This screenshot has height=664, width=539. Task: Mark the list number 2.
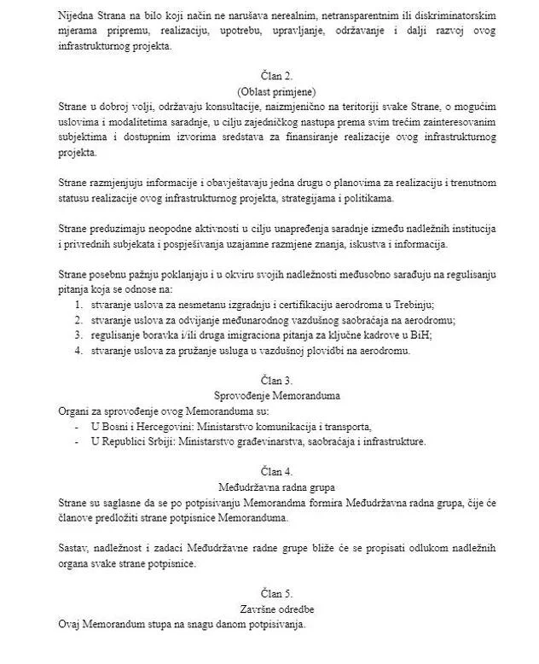[x=78, y=319]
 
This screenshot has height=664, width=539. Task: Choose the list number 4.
[x=78, y=348]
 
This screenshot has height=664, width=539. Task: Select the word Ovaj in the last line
[x=72, y=623]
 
